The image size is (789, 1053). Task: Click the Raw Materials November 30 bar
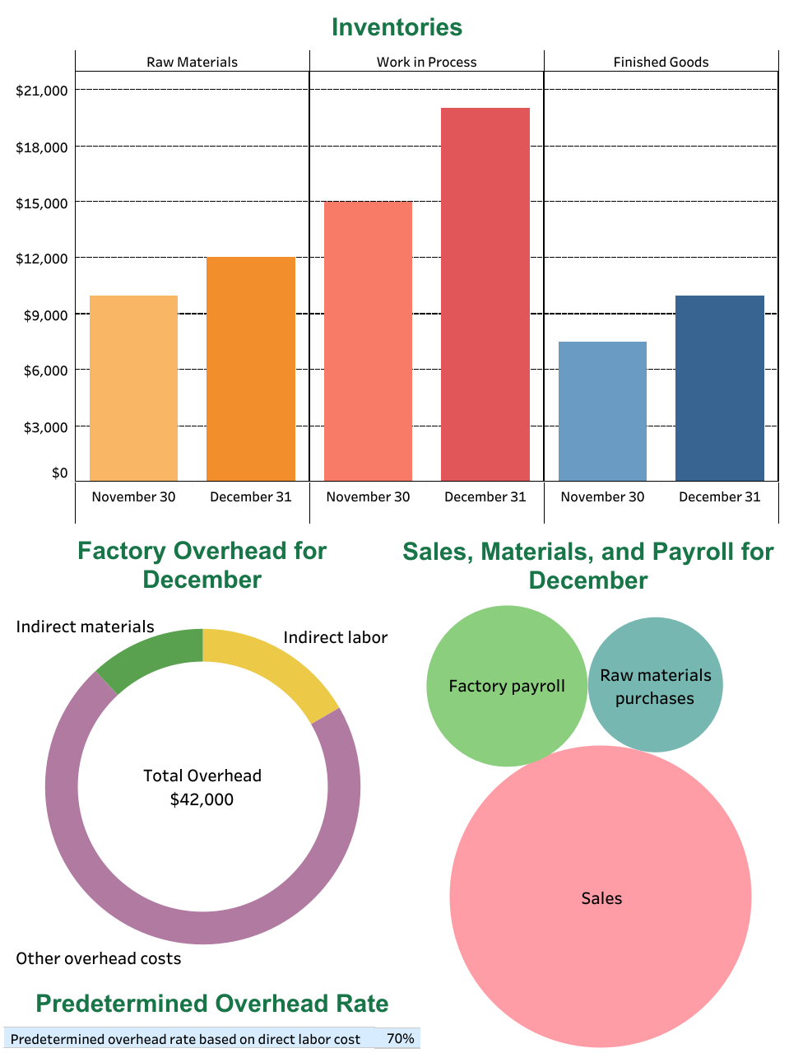[133, 388]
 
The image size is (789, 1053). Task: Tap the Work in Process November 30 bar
[368, 341]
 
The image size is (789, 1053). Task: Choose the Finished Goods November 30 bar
[602, 411]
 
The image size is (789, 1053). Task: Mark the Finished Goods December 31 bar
[720, 388]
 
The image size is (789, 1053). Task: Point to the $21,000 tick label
[42, 91]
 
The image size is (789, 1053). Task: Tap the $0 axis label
[59, 473]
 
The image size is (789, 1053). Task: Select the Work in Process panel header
[426, 62]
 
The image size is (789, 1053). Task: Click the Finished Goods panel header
[661, 62]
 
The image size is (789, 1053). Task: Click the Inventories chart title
[397, 27]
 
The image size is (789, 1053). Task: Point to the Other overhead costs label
[99, 958]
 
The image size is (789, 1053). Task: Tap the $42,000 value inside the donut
[202, 799]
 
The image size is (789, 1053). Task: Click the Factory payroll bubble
[507, 686]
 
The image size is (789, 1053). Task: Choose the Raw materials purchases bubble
[655, 686]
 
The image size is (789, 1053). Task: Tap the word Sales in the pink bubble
[601, 898]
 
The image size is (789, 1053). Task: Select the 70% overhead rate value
[400, 1038]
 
